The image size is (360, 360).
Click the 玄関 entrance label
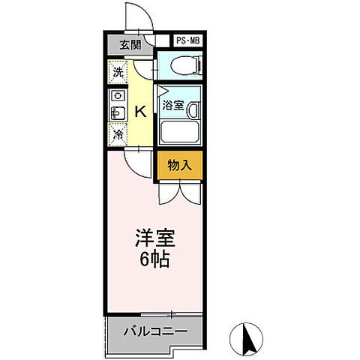pyautogui.click(x=130, y=45)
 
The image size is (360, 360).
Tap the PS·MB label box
pyautogui.click(x=189, y=42)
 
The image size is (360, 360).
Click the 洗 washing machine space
pyautogui.click(x=118, y=73)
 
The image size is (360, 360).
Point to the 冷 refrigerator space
pyautogui.click(x=118, y=135)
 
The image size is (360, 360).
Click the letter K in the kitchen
pyautogui.click(x=139, y=112)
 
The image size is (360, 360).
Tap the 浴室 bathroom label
pyautogui.click(x=173, y=106)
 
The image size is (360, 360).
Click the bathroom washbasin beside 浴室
pyautogui.click(x=193, y=110)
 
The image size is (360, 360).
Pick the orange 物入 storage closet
pyautogui.click(x=179, y=165)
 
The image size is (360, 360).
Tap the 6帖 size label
pyautogui.click(x=154, y=260)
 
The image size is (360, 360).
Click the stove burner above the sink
pyautogui.click(x=118, y=97)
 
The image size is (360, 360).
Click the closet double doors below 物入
pyautogui.click(x=179, y=193)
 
